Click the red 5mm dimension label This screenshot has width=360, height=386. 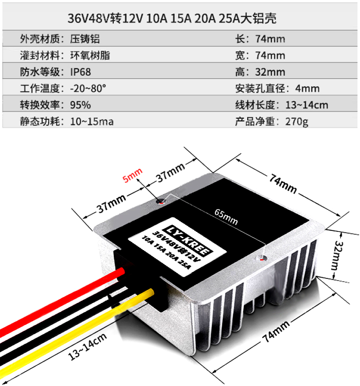pos(132,175)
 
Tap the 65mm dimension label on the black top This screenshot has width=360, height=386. pos(226,217)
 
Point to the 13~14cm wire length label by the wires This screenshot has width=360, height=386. pos(87,347)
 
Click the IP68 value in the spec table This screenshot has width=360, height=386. pos(81,72)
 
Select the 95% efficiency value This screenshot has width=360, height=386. pos(81,105)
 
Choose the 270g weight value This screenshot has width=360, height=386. pos(297,121)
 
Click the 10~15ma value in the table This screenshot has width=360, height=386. pos(92,121)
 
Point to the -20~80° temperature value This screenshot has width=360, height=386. pos(88,88)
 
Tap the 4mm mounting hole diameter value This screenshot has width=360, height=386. pos(307,88)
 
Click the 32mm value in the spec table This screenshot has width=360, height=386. pos(270,72)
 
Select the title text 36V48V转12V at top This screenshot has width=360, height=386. pos(105,18)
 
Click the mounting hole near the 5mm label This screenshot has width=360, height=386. pos(160,202)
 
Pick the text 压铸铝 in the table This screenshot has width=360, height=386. pos(85,39)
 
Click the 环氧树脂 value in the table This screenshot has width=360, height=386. pos(90,55)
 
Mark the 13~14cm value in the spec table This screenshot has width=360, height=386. pos(307,105)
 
